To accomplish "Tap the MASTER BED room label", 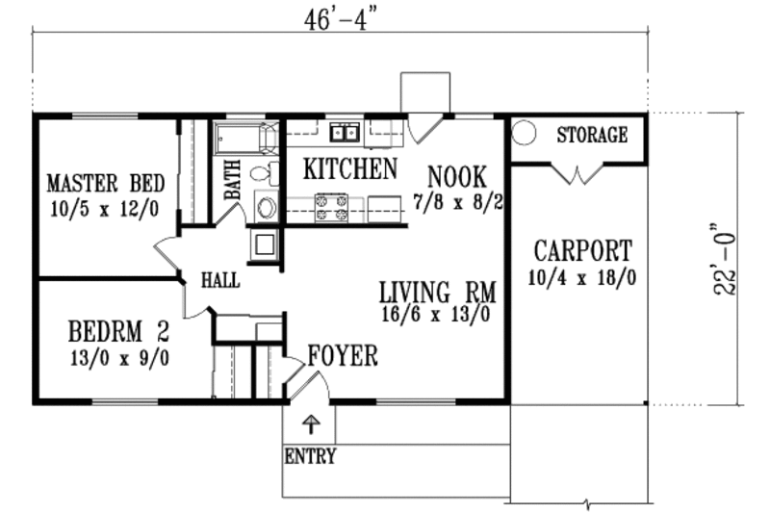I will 106,183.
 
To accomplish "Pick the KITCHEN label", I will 350,169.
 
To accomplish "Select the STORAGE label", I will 592,135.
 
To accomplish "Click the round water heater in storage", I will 526,133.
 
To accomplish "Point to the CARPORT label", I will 583,252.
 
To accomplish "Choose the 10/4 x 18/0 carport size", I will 583,278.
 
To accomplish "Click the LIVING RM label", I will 436,291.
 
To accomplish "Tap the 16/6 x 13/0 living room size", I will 436,314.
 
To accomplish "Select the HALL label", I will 220,281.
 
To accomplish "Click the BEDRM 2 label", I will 119,333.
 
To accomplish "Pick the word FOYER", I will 344,357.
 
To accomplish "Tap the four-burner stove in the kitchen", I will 332,209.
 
